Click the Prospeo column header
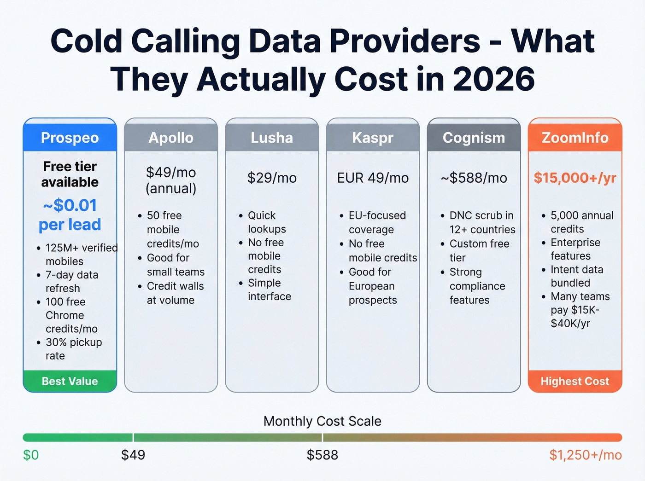pyautogui.click(x=70, y=138)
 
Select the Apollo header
pyautogui.click(x=171, y=138)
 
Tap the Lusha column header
pyautogui.click(x=272, y=138)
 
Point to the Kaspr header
pyautogui.click(x=373, y=138)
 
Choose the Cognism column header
pyautogui.click(x=474, y=138)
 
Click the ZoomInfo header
pyautogui.click(x=575, y=138)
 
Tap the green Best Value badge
pyautogui.click(x=70, y=381)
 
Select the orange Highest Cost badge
pyautogui.click(x=575, y=381)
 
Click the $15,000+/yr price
pyautogui.click(x=575, y=178)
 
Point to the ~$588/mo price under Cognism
pyautogui.click(x=474, y=178)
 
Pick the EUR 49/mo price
pyautogui.click(x=373, y=178)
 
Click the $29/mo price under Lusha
pyautogui.click(x=272, y=178)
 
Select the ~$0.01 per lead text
pyautogui.click(x=70, y=214)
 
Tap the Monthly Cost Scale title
pyautogui.click(x=322, y=421)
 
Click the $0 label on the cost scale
pyautogui.click(x=31, y=455)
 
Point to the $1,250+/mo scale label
pyautogui.click(x=586, y=455)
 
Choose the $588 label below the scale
pyautogui.click(x=322, y=455)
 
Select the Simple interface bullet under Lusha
pyautogui.click(x=270, y=290)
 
